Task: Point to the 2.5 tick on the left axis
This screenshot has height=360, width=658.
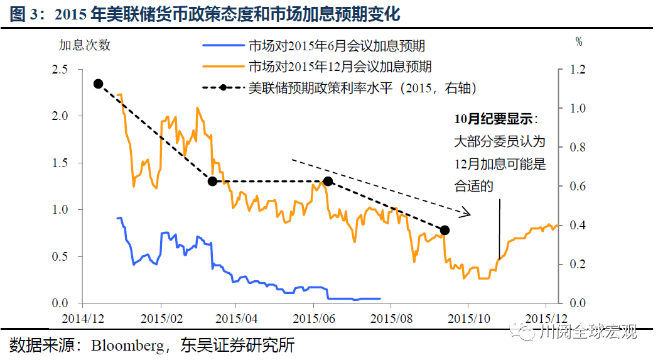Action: click(60, 69)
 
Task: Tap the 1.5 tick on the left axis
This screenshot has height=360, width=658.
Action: click(60, 163)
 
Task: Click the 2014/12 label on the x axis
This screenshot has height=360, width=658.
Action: click(84, 319)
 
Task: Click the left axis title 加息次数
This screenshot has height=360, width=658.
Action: click(85, 45)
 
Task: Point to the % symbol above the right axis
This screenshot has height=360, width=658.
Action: click(579, 42)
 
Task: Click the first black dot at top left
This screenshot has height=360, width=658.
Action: click(98, 84)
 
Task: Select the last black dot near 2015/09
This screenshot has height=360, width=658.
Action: click(445, 231)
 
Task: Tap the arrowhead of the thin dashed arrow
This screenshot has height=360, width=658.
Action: click(466, 214)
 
